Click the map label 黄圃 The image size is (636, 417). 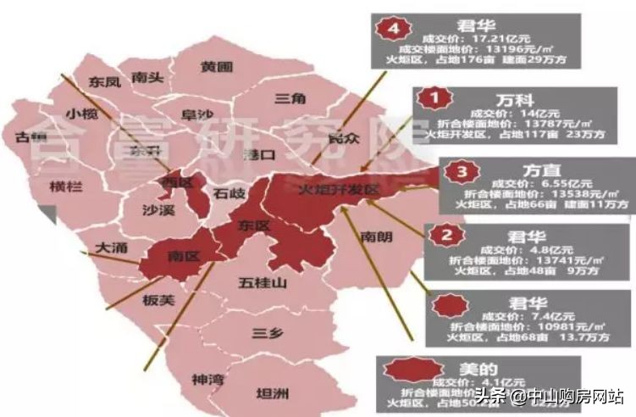click(217, 66)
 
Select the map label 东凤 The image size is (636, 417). click(105, 82)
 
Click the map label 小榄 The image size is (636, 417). click(82, 114)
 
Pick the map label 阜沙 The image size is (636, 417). click(198, 114)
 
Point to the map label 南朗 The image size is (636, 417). click(376, 237)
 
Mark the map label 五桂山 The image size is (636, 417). click(264, 282)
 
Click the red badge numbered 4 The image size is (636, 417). click(390, 28)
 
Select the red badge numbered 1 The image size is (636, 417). click(435, 99)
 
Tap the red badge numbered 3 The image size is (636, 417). click(461, 172)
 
